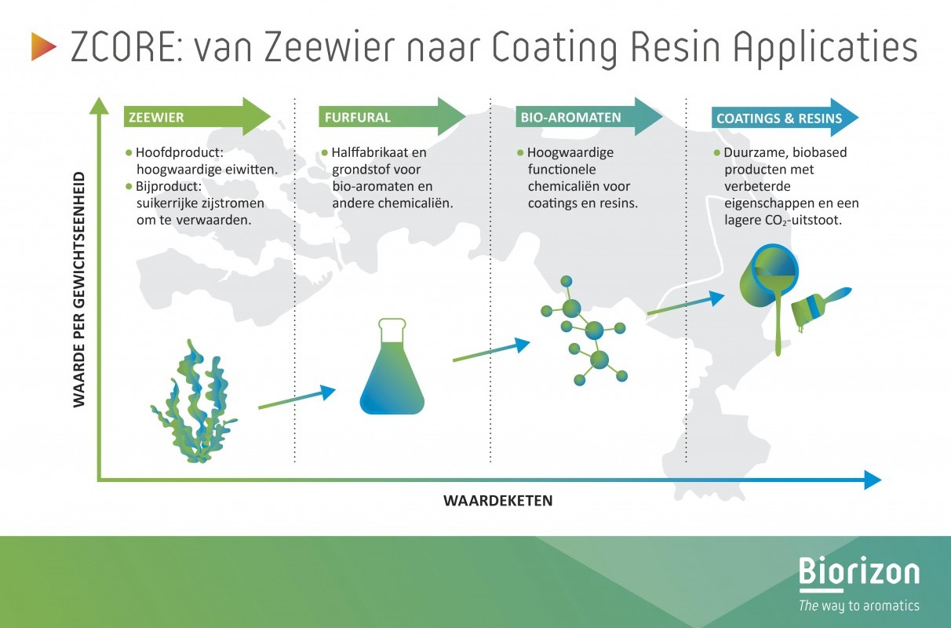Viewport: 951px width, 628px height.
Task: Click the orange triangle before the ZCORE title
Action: coord(42,46)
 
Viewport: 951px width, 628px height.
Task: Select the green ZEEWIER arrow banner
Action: coord(198,117)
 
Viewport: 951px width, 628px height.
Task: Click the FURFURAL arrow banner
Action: coord(392,117)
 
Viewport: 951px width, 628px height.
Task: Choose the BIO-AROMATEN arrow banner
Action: coord(589,117)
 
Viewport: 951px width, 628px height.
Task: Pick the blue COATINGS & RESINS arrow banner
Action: coord(785,118)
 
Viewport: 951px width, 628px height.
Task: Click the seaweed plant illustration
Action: coord(193,400)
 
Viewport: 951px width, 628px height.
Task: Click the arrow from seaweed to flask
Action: coord(297,397)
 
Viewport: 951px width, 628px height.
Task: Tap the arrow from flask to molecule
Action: coord(491,349)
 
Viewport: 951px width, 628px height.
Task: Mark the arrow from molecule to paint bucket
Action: coord(686,303)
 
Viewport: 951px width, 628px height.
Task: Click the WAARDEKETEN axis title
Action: coord(498,501)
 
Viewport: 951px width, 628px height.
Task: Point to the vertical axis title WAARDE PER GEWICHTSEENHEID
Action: coord(79,290)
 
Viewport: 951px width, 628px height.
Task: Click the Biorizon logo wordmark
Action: coord(859,572)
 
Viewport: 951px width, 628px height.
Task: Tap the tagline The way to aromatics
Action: coord(859,605)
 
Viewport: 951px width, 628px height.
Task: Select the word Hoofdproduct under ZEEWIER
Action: coord(179,152)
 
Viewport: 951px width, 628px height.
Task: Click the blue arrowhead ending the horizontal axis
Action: coord(873,480)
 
